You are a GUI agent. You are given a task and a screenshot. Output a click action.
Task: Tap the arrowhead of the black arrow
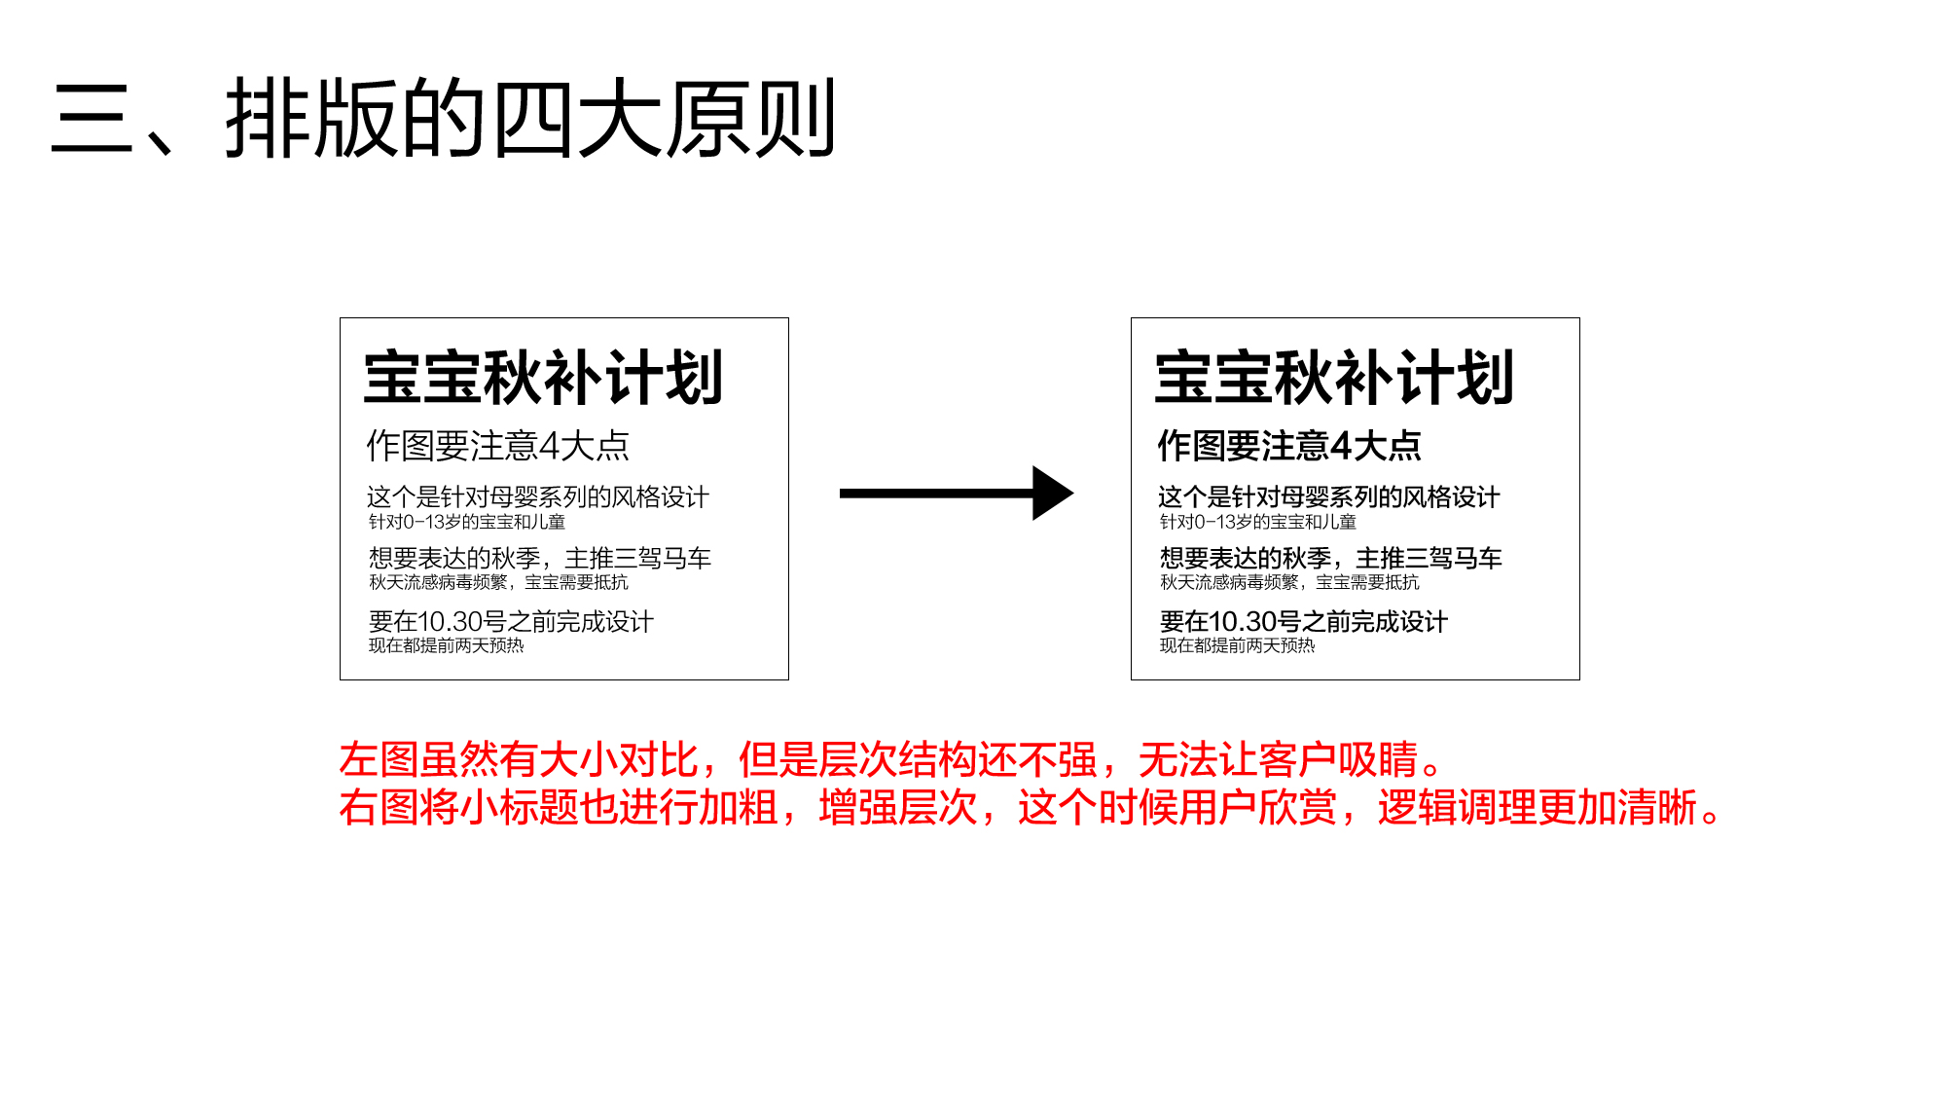[1052, 494]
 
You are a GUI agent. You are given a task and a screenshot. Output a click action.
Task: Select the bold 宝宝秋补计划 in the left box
[543, 378]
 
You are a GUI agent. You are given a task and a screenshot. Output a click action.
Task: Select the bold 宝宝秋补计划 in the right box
[1334, 378]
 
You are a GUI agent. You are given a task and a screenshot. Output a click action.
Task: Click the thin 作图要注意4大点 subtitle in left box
[498, 446]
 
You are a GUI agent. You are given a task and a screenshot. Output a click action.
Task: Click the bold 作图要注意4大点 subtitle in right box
[1289, 446]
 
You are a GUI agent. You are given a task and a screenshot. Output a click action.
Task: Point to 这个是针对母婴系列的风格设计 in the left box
[538, 497]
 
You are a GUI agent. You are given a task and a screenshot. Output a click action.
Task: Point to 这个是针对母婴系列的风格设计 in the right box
[1329, 497]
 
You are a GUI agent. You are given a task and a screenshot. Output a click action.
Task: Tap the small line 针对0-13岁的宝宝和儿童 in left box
[467, 522]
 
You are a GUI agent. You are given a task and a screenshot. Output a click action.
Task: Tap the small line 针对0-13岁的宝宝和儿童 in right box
[1258, 522]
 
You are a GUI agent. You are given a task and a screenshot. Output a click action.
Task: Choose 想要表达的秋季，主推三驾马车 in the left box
[540, 558]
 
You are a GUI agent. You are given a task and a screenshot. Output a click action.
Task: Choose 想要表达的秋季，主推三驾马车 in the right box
[1331, 558]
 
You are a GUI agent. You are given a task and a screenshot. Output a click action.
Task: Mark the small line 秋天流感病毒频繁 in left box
[498, 582]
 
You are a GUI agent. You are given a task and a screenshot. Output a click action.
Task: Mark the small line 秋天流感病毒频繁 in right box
[1289, 582]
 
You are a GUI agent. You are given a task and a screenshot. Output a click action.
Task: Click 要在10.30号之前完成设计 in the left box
[511, 621]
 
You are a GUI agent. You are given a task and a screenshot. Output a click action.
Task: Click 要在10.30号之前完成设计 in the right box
[1304, 621]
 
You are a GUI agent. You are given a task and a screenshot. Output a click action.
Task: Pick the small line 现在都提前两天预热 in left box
[446, 645]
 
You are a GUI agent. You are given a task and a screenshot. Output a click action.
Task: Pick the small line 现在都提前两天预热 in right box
[1237, 645]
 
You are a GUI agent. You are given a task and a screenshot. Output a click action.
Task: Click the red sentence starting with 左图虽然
[890, 760]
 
